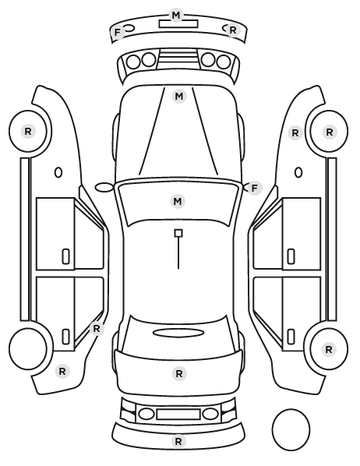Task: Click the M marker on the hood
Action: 179,97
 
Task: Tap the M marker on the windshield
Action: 178,202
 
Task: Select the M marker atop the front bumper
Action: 176,15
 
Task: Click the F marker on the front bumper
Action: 118,32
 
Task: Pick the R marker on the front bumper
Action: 233,30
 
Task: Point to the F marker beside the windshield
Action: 254,188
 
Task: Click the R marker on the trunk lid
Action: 179,374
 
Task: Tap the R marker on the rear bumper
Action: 178,442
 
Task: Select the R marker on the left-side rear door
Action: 97,329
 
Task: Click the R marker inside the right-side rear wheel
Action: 329,350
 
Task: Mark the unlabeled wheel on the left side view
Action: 28,348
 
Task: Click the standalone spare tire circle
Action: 291,429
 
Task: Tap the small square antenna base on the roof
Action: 178,233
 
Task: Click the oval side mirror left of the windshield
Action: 104,188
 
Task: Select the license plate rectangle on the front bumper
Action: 178,24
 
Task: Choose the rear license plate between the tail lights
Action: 178,415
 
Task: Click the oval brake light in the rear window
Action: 178,333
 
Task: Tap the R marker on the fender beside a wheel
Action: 295,133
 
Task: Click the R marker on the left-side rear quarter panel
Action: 62,372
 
